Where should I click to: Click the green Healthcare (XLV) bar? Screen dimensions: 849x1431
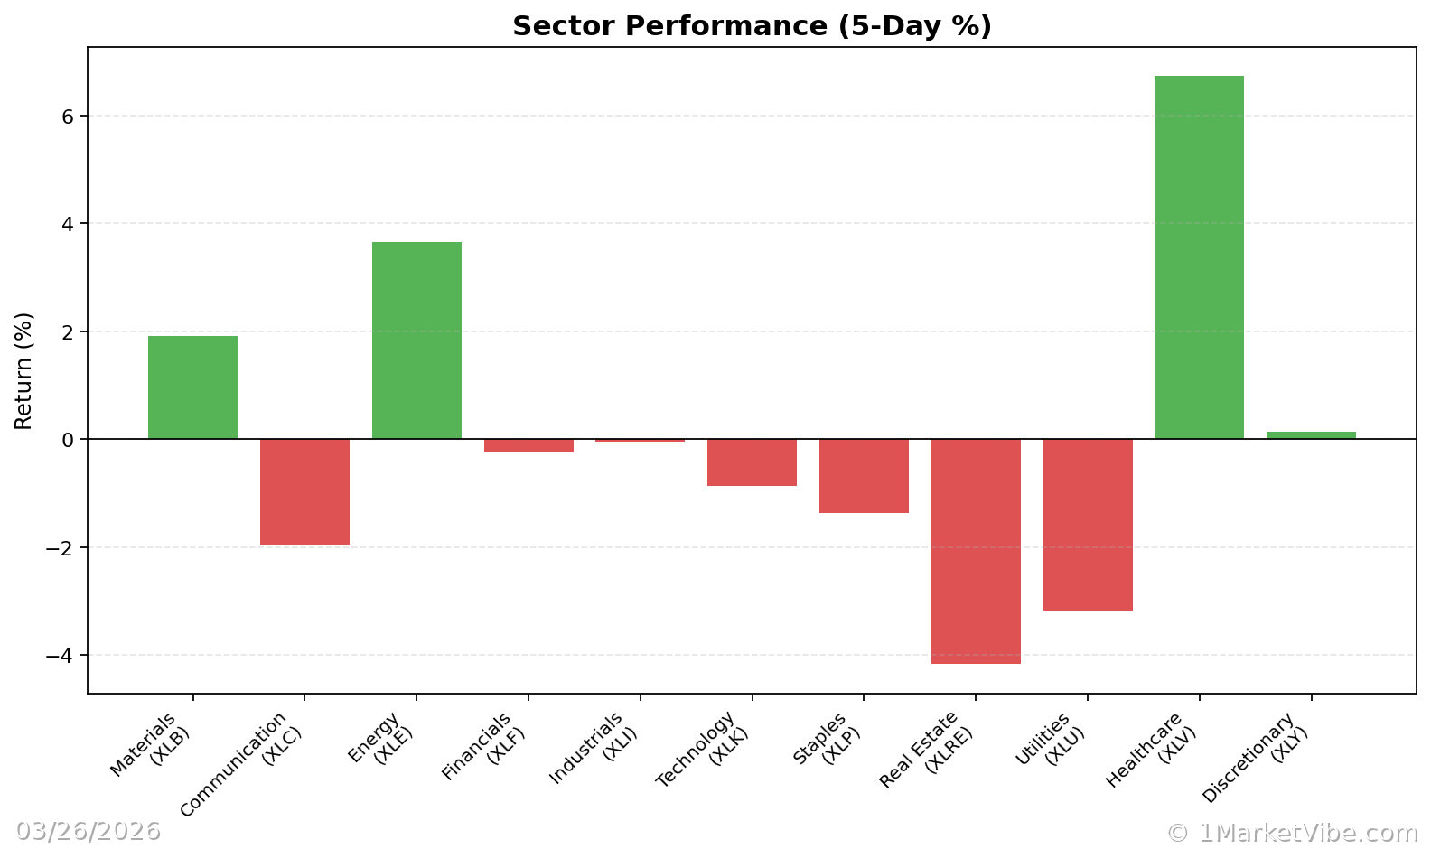pos(1199,257)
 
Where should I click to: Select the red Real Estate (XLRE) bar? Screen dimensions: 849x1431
pos(976,551)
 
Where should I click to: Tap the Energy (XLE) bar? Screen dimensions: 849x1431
pos(416,341)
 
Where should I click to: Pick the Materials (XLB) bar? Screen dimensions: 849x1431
pos(192,387)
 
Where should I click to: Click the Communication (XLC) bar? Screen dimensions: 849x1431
pos(304,491)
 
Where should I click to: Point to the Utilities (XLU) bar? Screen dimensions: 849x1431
pos(1088,525)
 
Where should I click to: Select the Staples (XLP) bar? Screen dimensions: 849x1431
pos(864,476)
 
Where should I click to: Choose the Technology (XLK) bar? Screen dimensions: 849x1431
pos(752,462)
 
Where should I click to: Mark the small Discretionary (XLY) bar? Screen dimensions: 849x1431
pos(1311,435)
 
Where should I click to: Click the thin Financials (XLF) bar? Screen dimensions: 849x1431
pos(528,445)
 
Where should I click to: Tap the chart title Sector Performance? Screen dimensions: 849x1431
pos(752,26)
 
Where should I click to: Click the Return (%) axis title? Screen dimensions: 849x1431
pos(23,370)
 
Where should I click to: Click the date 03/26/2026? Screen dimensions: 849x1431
pos(88,831)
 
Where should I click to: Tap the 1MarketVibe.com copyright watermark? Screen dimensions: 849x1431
pos(1292,833)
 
